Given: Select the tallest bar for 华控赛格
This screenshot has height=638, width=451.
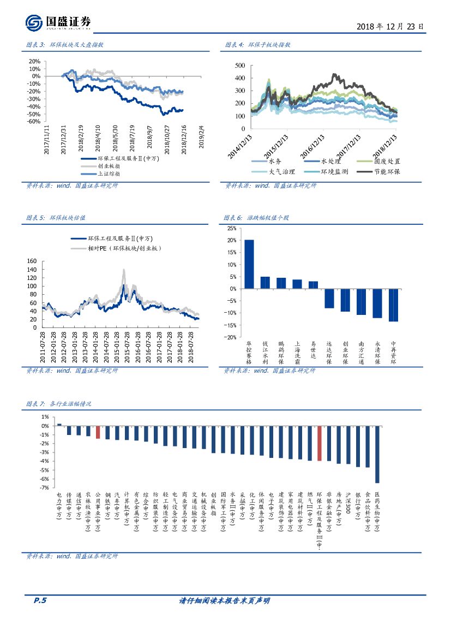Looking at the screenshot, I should (249, 264).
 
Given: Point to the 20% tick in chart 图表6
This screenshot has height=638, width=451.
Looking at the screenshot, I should (232, 240).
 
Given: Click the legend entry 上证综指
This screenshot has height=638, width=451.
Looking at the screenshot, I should (109, 174).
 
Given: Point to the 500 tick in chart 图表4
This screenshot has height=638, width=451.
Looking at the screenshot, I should (239, 65).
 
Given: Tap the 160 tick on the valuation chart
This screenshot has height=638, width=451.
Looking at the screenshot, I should (32, 261).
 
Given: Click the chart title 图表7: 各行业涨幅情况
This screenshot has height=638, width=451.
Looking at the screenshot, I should (59, 404).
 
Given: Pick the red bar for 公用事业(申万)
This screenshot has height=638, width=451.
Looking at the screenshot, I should (98, 432).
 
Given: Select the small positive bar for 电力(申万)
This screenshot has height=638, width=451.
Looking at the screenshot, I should (59, 424).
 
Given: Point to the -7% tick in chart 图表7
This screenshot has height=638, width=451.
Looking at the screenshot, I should (45, 487).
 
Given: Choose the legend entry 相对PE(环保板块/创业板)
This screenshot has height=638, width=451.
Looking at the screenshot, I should (125, 248).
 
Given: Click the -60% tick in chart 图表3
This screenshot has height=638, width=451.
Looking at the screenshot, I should (33, 122).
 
